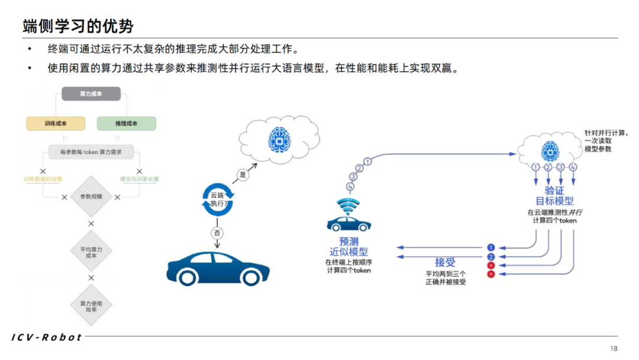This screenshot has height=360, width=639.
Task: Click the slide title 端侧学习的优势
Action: pos(78,25)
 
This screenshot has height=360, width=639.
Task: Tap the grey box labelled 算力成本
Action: pos(91,94)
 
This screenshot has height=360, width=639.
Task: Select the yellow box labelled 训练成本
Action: pos(56,123)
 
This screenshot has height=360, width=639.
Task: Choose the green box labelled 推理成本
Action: pos(127,123)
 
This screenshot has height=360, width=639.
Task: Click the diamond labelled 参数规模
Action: pos(91,197)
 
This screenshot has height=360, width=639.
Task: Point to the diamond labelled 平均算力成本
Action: pos(91,252)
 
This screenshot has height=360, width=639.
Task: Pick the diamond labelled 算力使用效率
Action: pos(91,307)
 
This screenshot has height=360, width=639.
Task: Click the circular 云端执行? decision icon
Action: pos(218,199)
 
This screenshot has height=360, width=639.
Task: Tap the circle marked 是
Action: pos(242,175)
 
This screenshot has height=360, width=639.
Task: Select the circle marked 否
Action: pos(217,233)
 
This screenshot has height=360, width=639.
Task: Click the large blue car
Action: pos(218,267)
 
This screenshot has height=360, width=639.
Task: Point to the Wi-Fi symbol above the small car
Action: pos(348,207)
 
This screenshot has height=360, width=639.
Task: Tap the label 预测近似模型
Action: pos(348,247)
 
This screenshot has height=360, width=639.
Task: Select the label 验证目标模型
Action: pos(554,196)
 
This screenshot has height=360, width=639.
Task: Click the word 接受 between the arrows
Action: pos(446,262)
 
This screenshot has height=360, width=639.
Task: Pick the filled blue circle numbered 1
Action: pos(490,247)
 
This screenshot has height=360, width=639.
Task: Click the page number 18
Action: pos(614,348)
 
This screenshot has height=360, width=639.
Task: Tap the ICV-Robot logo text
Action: pos(47,337)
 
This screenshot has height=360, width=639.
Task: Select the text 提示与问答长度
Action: pos(140,179)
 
